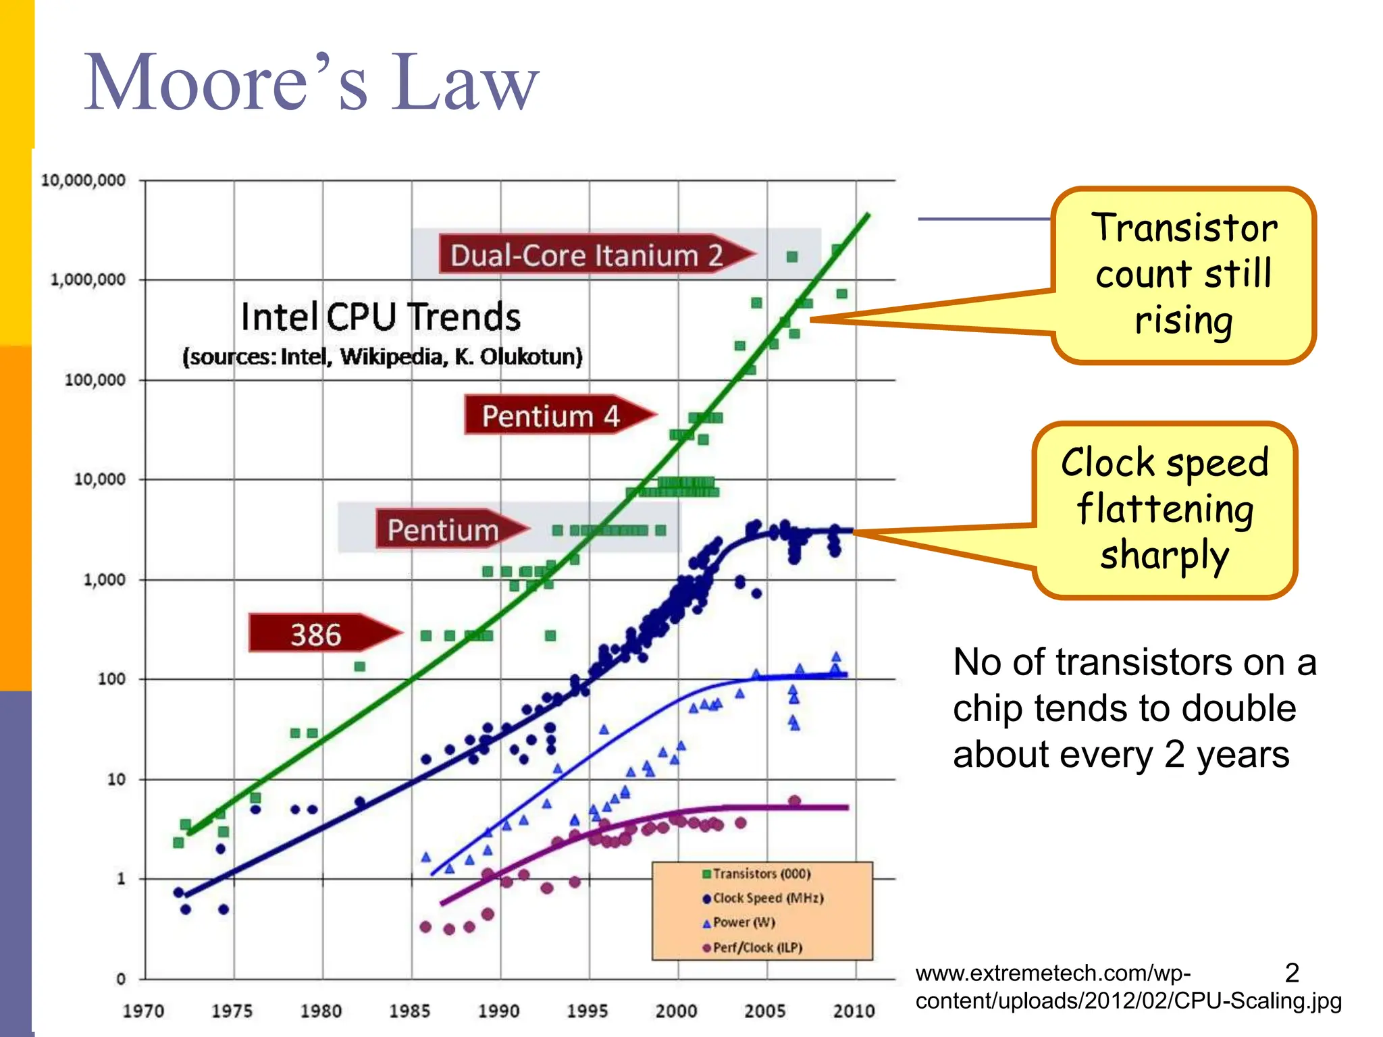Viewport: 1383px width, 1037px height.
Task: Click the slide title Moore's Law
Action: click(x=311, y=82)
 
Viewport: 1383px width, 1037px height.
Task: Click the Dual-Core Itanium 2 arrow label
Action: click(x=586, y=255)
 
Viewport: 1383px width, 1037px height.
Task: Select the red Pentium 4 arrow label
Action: click(x=550, y=415)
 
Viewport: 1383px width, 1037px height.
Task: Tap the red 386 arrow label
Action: click(x=316, y=634)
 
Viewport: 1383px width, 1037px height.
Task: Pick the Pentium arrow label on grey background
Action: click(x=443, y=529)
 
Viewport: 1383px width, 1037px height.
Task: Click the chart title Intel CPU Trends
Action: click(x=381, y=317)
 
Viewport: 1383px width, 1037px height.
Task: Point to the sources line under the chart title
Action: click(x=382, y=356)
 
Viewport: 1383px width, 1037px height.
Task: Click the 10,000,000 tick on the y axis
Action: click(x=83, y=180)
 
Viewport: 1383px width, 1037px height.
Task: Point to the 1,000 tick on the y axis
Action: click(x=104, y=580)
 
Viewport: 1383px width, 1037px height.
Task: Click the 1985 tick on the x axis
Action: click(x=409, y=1011)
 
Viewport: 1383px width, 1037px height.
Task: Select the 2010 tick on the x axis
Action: click(x=854, y=1011)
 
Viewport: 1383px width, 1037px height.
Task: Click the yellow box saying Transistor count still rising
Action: click(x=1184, y=275)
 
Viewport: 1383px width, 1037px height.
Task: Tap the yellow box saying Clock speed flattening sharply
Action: click(x=1164, y=509)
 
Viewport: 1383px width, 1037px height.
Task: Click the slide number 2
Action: click(x=1291, y=973)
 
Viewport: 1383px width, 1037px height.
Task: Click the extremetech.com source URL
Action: click(x=1128, y=987)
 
